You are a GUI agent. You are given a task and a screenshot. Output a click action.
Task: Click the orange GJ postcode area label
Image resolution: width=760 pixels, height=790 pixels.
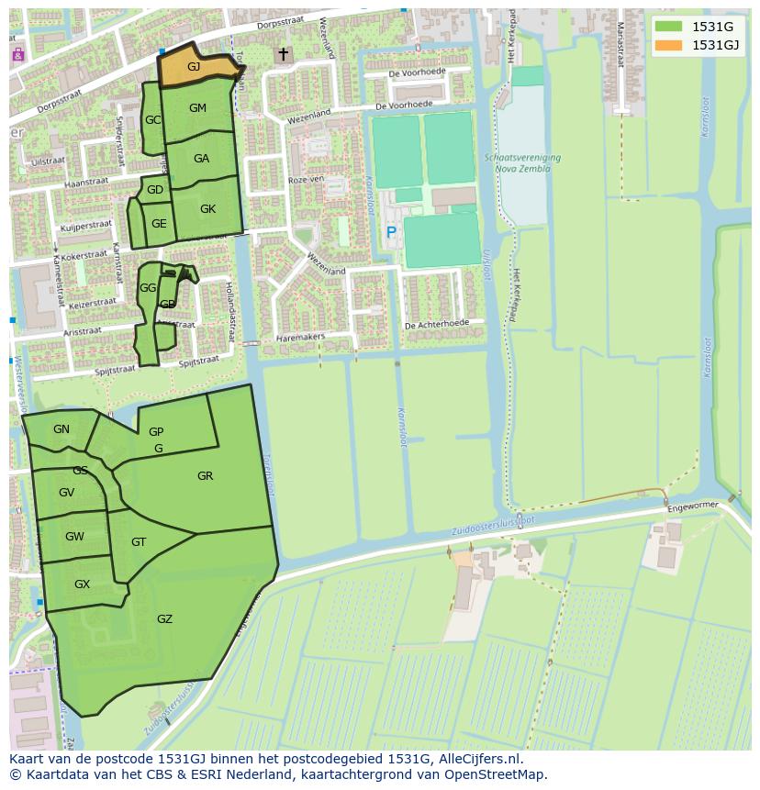point(194,67)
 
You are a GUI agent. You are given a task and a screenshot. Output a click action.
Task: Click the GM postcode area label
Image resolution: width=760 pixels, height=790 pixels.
point(197,108)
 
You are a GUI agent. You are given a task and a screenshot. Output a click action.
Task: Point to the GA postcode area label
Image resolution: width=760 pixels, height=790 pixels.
point(201,159)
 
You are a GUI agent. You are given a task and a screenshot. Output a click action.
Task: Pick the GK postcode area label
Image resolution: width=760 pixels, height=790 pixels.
point(207,209)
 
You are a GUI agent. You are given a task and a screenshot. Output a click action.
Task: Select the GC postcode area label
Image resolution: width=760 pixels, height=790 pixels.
point(152,120)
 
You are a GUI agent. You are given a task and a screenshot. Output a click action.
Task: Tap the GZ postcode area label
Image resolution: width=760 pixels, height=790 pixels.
point(164,619)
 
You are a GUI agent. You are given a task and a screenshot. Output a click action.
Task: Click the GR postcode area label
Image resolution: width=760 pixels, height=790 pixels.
point(205,476)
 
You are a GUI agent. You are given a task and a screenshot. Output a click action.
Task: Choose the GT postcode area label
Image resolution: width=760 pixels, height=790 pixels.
point(139,542)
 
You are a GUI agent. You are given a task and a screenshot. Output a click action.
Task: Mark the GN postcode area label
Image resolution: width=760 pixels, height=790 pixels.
point(61,429)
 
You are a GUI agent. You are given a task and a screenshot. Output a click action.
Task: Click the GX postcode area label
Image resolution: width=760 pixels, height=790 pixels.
point(82,584)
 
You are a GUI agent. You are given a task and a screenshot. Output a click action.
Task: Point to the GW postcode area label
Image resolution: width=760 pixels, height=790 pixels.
point(74,537)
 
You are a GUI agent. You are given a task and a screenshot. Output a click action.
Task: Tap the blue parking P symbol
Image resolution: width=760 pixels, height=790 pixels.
point(391,233)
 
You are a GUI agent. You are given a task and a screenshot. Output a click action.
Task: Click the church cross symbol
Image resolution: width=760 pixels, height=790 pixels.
point(283,55)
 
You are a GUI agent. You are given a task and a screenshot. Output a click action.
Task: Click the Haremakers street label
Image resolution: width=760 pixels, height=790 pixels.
point(300,338)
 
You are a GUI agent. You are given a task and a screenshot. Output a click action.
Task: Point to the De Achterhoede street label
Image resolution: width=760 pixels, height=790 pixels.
point(437,324)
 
